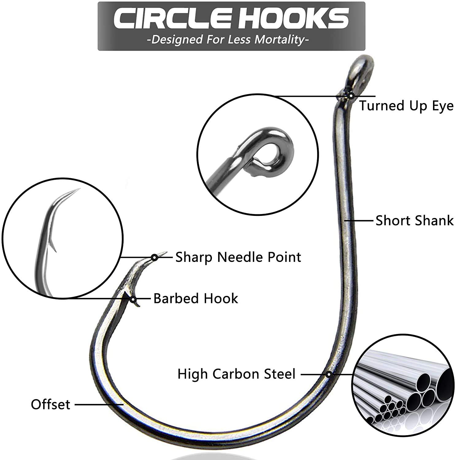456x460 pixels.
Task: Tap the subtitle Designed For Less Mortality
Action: click(228, 40)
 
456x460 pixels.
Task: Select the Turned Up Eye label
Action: click(406, 106)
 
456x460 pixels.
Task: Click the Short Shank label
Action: click(414, 220)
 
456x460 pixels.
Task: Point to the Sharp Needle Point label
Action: click(238, 257)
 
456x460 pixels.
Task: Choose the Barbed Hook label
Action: click(196, 298)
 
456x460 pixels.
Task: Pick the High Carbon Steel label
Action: click(236, 374)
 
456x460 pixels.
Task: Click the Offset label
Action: click(51, 404)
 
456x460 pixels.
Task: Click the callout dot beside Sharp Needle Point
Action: click(155, 257)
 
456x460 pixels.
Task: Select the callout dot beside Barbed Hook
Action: click(133, 299)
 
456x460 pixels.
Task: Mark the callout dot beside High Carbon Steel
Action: click(329, 374)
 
